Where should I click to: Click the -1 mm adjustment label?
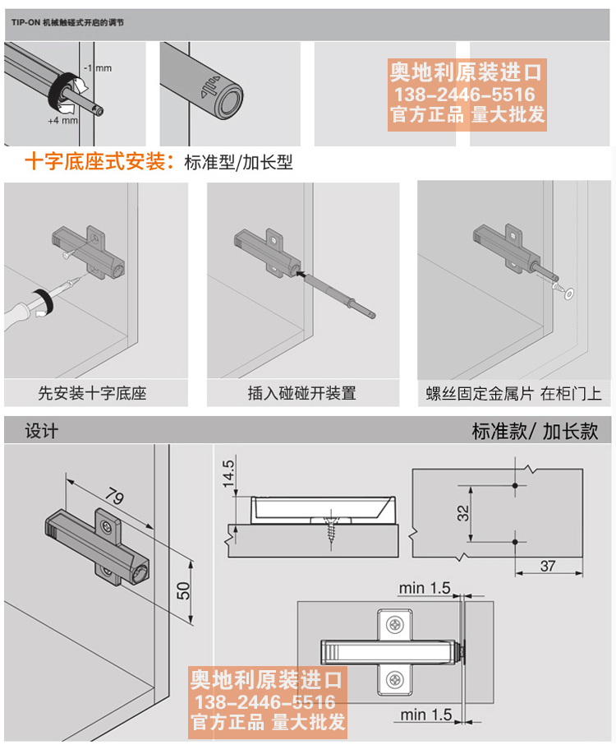(98, 68)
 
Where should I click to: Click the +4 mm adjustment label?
(62, 121)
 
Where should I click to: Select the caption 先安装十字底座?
(92, 393)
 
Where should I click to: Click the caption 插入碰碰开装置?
(302, 393)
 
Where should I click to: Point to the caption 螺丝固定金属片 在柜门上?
(514, 393)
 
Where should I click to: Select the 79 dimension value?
(117, 497)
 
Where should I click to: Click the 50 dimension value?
(184, 590)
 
